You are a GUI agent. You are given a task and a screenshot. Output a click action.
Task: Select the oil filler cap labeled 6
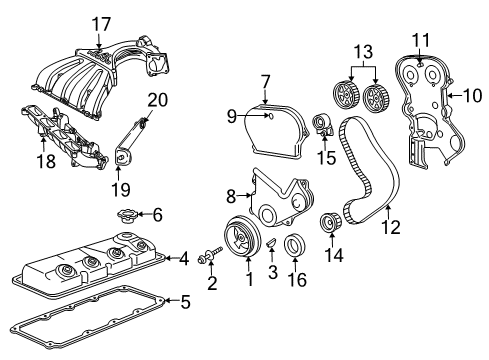(x=128, y=215)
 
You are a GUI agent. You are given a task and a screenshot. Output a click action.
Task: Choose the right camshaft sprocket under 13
(x=376, y=99)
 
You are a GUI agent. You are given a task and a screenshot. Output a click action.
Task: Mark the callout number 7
(x=266, y=80)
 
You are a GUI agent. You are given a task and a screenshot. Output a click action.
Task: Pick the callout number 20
(x=157, y=99)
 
